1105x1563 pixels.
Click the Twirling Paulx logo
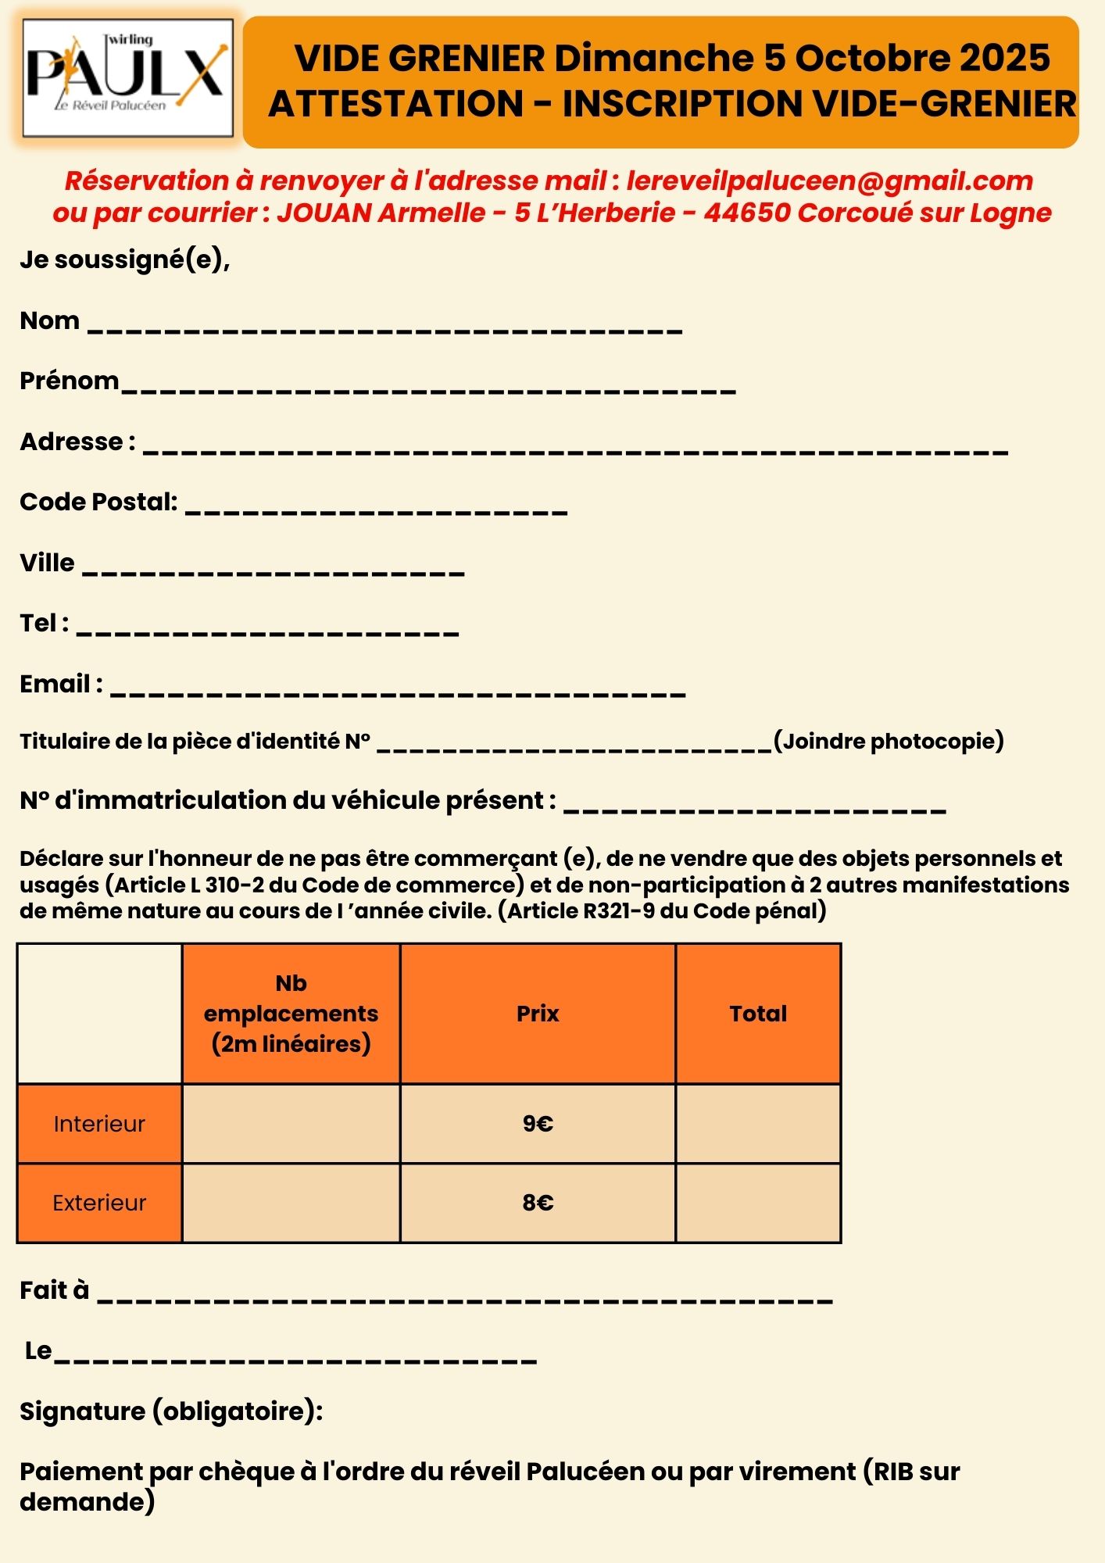128,77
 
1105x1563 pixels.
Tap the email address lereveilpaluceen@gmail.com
829,181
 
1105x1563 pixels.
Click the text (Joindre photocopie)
889,741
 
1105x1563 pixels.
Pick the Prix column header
538,1014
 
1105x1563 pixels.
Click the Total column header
758,1014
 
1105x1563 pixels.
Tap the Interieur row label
99,1124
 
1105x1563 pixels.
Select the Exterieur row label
99,1203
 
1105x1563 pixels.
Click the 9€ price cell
538,1124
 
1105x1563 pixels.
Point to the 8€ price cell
538,1203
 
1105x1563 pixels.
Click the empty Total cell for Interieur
758,1124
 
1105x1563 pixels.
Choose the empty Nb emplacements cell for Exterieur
291,1203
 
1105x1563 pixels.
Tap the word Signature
82,1411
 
